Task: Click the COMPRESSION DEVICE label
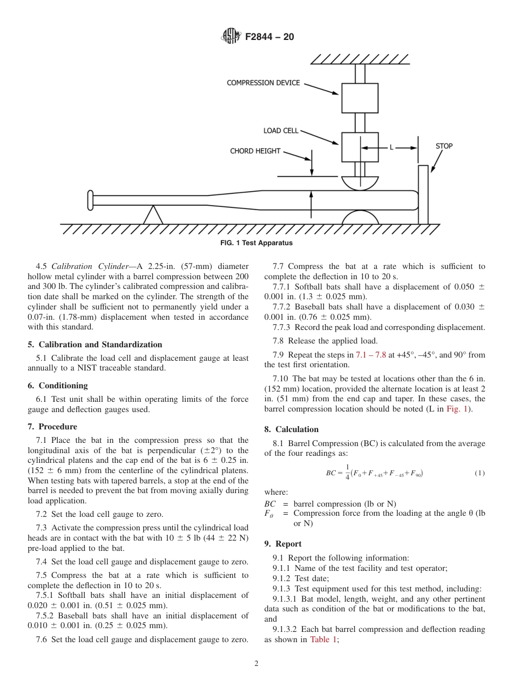click(263, 83)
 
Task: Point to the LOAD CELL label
click(280, 131)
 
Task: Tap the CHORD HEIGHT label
click(255, 151)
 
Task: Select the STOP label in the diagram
click(444, 146)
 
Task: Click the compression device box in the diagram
click(360, 98)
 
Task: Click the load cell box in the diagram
click(360, 147)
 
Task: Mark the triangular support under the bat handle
click(153, 215)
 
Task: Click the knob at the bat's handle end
click(90, 200)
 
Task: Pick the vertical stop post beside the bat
click(423, 194)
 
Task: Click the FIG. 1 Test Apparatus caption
click(256, 243)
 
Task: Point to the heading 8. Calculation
click(292, 429)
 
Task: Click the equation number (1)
click(480, 473)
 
